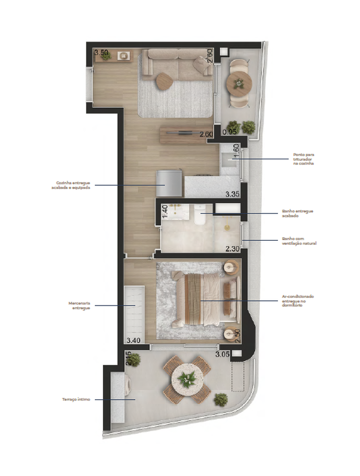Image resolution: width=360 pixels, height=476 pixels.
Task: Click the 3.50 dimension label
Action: (101, 53)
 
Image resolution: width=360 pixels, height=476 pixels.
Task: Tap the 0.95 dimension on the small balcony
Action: (230, 132)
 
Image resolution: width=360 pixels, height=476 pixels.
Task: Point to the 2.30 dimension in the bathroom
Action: (232, 249)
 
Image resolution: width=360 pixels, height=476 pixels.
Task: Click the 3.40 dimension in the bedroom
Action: (133, 340)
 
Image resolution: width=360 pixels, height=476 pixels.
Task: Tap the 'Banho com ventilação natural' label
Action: (298, 241)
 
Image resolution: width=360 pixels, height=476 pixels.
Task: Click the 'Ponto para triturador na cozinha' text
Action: (303, 159)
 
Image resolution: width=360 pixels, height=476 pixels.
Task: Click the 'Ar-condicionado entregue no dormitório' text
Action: (297, 300)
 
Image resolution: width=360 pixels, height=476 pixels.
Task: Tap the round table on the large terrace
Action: (187, 380)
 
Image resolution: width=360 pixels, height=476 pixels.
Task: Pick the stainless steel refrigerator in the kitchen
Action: (168, 183)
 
